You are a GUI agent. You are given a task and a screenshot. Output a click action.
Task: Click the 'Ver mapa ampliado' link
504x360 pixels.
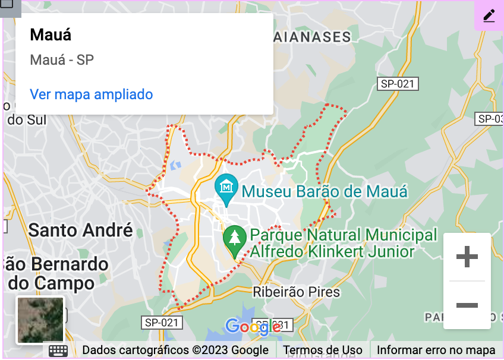point(91,94)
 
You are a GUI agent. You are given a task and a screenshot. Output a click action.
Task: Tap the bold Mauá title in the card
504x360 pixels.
point(51,34)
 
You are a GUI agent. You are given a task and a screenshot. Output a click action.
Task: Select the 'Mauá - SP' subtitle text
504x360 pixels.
point(62,60)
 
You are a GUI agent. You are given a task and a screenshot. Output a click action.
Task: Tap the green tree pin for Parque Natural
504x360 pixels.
point(235,239)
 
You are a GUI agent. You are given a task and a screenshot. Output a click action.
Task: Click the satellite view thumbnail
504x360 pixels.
point(40,320)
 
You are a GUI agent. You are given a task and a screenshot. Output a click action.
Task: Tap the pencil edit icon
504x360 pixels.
point(489,15)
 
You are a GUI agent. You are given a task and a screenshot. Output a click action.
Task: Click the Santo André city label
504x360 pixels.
point(80,230)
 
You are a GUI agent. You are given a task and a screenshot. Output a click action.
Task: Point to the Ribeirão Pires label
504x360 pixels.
point(296,292)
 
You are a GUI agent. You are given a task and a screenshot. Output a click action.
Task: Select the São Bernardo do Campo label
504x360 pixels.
point(55,273)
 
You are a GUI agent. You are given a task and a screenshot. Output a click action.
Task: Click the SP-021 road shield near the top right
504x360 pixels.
point(398,84)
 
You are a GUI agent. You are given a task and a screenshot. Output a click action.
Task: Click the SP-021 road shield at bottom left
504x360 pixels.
point(162,323)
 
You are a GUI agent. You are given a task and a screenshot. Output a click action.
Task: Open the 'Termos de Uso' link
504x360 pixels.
point(323,350)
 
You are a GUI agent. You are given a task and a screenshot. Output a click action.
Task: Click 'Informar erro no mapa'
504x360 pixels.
point(436,350)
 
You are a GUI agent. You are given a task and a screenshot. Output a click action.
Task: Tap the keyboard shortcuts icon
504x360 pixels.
point(58,350)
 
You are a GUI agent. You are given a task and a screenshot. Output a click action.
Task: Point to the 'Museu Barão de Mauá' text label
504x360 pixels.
point(325,192)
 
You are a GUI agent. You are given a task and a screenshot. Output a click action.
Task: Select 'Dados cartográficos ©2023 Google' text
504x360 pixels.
point(175,350)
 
